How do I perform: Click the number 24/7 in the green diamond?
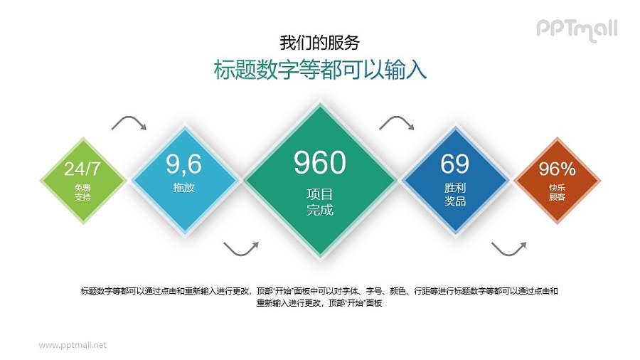coord(82,169)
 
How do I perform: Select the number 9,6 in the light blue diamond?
coord(184,164)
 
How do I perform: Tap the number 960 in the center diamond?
coord(319,163)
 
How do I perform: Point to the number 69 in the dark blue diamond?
coord(454,164)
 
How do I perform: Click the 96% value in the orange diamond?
coord(557,169)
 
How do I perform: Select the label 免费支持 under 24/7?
coord(82,192)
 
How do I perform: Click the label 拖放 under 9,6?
coord(183,188)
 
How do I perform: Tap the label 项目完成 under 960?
coord(319,202)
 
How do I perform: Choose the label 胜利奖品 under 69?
coord(455,194)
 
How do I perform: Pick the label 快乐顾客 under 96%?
coord(557,192)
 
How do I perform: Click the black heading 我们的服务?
coord(319,42)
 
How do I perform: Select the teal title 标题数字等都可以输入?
coord(320,70)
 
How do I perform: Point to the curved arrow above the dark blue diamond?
coord(397,123)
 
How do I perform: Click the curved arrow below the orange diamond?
coord(508,248)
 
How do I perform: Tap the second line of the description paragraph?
coord(320,302)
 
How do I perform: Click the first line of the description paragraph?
coord(320,290)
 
